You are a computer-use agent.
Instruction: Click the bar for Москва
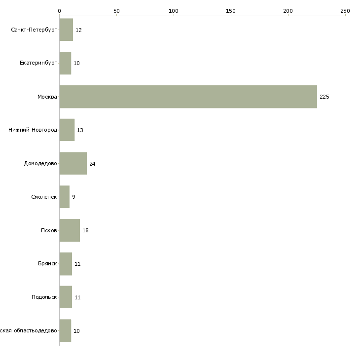(188, 97)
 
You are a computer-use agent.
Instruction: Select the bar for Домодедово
(73, 163)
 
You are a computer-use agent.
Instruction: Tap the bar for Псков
(70, 230)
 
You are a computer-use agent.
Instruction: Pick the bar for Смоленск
(65, 197)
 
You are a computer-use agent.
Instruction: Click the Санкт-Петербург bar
(66, 30)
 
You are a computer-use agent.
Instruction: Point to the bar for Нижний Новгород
(67, 130)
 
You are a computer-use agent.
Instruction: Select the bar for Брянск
(66, 264)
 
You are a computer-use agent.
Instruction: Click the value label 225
(324, 97)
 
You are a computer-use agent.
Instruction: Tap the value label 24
(92, 164)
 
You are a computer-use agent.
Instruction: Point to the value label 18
(85, 230)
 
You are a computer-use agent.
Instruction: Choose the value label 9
(73, 197)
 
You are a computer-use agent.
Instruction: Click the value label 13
(80, 130)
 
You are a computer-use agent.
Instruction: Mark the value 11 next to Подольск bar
(77, 297)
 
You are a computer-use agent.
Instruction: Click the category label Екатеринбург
(38, 63)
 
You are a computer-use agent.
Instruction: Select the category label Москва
(47, 97)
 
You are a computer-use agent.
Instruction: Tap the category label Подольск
(44, 297)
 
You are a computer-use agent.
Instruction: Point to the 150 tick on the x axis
(231, 10)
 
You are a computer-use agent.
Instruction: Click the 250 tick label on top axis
(345, 10)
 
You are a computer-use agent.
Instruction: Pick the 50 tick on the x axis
(116, 10)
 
